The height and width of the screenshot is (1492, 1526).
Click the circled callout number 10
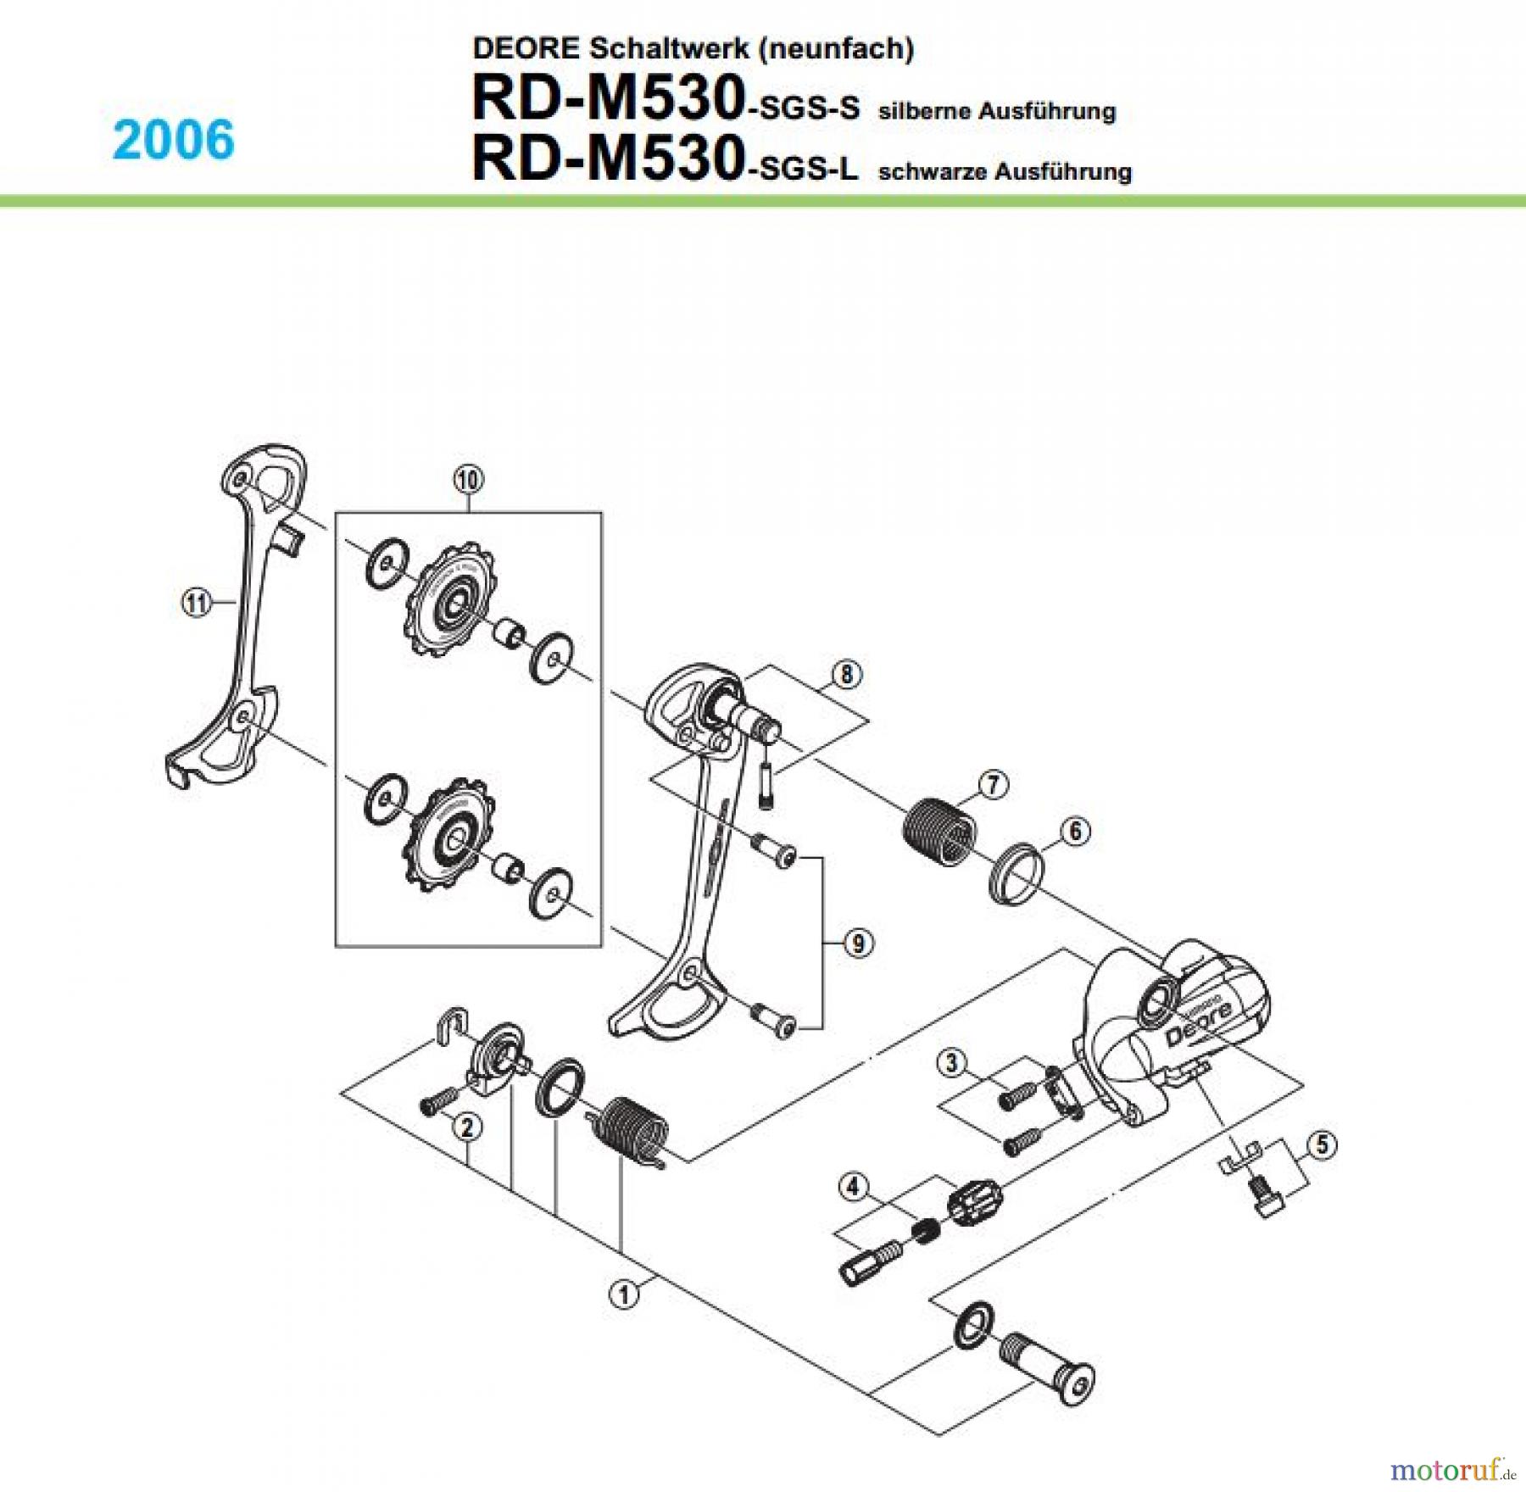click(x=469, y=480)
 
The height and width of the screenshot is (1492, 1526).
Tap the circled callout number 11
click(x=197, y=603)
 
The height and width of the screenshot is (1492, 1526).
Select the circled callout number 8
click(x=846, y=675)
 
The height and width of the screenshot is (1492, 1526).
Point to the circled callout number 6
click(x=1075, y=831)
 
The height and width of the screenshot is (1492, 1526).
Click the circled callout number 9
click(x=858, y=943)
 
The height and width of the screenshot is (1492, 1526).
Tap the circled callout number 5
click(x=1322, y=1145)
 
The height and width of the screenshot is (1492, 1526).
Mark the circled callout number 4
click(x=853, y=1187)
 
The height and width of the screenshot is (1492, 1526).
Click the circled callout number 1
click(x=624, y=1294)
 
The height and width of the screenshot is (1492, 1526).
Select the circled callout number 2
click(x=467, y=1127)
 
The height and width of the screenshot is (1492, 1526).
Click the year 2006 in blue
click(x=174, y=140)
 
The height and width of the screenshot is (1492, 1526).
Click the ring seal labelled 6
click(x=1015, y=873)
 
